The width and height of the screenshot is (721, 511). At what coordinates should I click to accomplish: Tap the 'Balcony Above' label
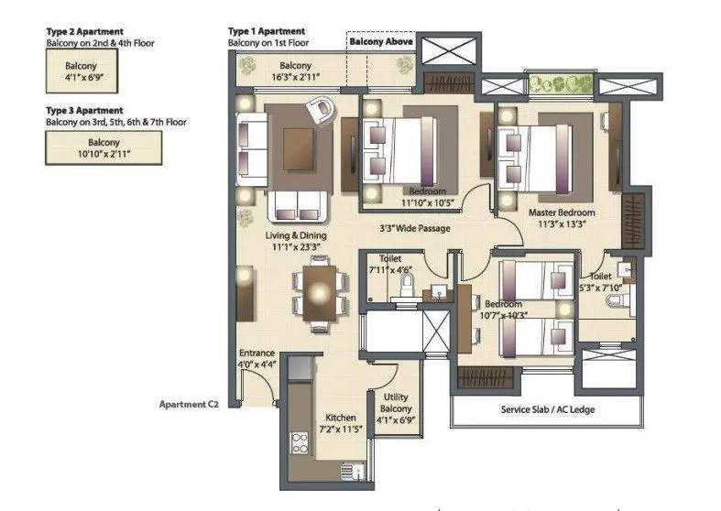pyautogui.click(x=381, y=42)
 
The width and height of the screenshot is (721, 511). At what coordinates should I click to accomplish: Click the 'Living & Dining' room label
pyautogui.click(x=296, y=235)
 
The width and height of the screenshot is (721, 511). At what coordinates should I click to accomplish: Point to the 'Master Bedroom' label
pyautogui.click(x=560, y=212)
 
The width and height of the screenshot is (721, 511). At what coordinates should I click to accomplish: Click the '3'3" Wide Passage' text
pyautogui.click(x=416, y=228)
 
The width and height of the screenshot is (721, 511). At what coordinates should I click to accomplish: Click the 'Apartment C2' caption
pyautogui.click(x=190, y=403)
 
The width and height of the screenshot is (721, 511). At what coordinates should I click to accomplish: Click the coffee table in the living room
pyautogui.click(x=299, y=146)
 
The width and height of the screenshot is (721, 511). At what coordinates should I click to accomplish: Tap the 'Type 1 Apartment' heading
pyautogui.click(x=268, y=31)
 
